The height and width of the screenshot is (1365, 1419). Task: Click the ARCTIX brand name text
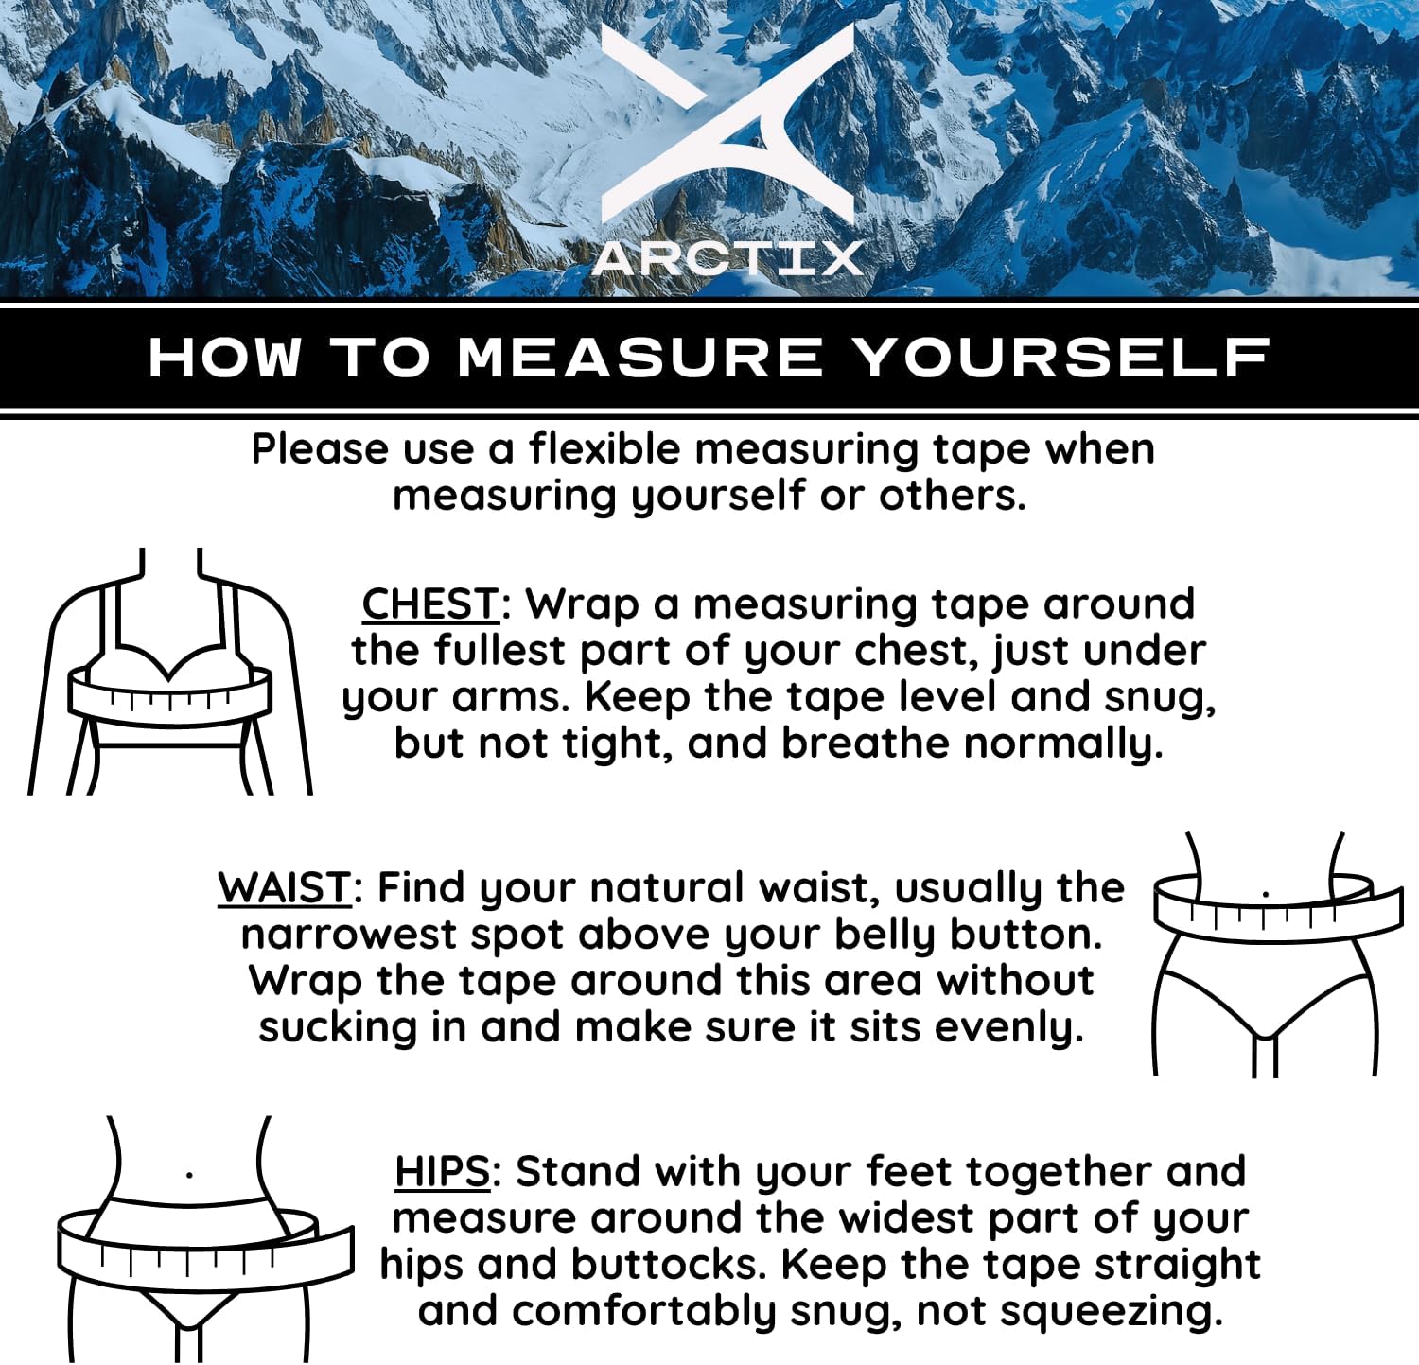(x=727, y=258)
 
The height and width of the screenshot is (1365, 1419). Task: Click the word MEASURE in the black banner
(x=640, y=359)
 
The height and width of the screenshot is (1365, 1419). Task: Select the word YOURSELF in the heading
(x=1060, y=359)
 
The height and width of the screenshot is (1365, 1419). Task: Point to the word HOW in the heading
(x=225, y=359)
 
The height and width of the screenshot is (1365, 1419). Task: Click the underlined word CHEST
(x=430, y=604)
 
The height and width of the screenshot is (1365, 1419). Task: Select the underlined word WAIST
(x=285, y=888)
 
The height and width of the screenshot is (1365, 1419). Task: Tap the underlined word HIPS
(x=442, y=1172)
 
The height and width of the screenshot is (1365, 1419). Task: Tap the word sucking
(x=338, y=1027)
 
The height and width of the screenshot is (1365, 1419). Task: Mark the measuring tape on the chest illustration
(x=170, y=695)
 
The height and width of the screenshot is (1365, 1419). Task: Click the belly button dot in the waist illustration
(x=1266, y=893)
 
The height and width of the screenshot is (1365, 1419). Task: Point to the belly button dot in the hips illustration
(x=190, y=1176)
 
